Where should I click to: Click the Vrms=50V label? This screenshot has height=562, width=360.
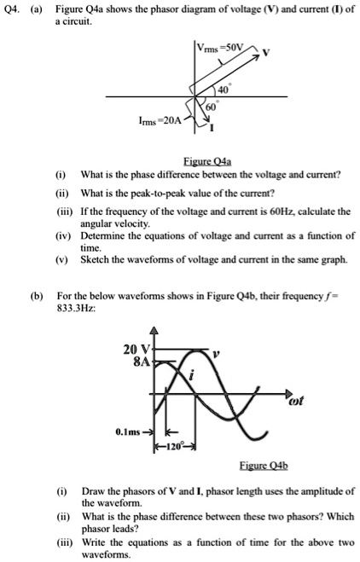click(x=221, y=45)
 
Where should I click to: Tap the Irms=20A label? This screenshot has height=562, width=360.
click(x=159, y=123)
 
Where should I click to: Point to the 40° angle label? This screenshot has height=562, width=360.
click(x=223, y=88)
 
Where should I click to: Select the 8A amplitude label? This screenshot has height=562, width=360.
click(x=142, y=361)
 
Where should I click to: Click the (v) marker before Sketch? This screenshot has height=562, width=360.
click(x=61, y=258)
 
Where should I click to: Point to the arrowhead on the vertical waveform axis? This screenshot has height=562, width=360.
click(x=154, y=333)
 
